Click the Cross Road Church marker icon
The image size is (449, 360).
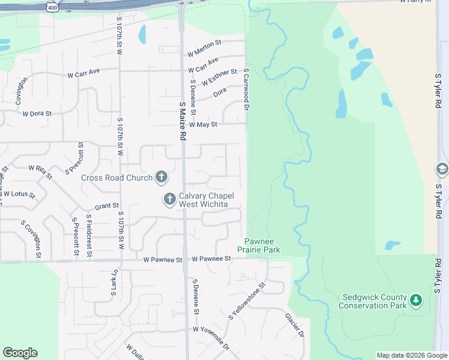[x=161, y=177]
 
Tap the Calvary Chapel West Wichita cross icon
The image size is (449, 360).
[x=169, y=198]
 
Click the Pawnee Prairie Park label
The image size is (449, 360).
[x=262, y=245]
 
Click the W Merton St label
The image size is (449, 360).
[x=204, y=43]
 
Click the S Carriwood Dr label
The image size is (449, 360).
[x=246, y=89]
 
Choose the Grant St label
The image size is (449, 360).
[x=106, y=206]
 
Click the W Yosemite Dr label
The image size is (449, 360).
[x=211, y=330]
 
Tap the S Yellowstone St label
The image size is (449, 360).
[x=246, y=302]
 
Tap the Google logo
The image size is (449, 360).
[x=20, y=353]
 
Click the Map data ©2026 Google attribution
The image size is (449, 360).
[x=412, y=356]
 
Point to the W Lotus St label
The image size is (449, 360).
[x=19, y=194]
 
